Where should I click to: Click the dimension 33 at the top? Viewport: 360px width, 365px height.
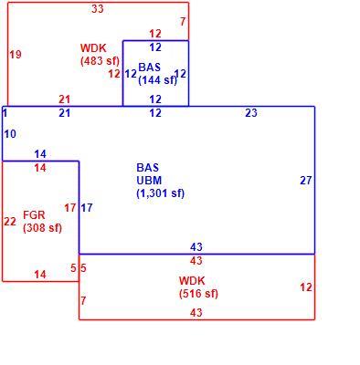98,9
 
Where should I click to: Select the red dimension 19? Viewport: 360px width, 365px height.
16,55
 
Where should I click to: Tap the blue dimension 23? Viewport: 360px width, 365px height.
251,113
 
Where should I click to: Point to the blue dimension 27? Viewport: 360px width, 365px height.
306,181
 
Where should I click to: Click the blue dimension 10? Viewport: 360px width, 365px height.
10,134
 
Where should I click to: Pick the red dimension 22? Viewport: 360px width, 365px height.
10,221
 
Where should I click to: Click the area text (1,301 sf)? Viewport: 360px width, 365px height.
161,193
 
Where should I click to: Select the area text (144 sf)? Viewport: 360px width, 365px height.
157,80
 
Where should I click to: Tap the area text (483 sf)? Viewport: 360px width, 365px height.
100,61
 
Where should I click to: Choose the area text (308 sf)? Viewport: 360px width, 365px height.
42,228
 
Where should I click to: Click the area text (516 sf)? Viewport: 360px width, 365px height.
198,294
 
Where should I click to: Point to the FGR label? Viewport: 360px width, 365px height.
34,215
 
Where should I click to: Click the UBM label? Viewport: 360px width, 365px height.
149,181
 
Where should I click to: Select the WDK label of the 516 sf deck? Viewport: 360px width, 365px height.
192,280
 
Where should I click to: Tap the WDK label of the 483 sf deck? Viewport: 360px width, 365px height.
93,47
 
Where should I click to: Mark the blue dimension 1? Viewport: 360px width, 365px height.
5,113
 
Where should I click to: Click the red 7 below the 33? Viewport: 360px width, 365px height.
183,22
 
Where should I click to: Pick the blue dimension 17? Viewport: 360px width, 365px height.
87,208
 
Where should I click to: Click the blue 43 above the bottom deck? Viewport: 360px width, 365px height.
196,246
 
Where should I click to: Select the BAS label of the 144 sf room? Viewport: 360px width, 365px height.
149,67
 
